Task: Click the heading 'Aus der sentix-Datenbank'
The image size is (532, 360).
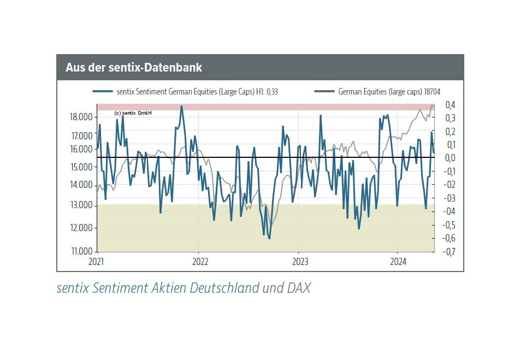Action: coord(134,68)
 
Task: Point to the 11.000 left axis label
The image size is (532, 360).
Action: coord(81,251)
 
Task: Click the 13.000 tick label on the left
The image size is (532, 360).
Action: coord(81,205)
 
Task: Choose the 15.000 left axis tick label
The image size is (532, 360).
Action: coord(81,167)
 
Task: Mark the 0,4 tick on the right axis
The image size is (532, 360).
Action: coord(450,105)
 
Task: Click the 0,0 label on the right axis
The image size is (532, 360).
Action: coord(450,158)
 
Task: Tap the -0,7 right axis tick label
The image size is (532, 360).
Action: coord(449,252)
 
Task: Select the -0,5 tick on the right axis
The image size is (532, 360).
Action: coord(449,225)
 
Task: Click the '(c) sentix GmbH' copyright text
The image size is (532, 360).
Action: coord(133,113)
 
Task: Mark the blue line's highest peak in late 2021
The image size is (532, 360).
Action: coord(182,106)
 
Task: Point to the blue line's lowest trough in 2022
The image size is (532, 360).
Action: coord(269,238)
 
